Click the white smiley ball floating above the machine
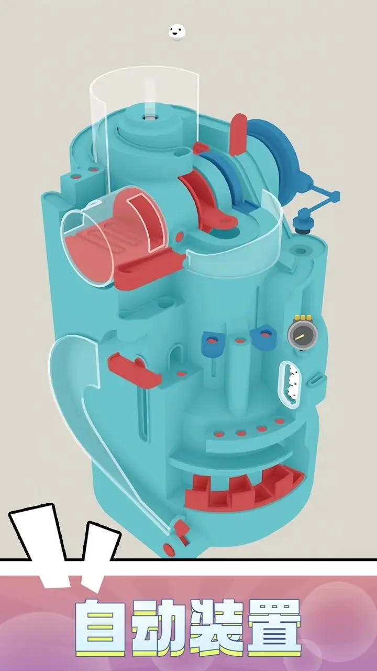177,32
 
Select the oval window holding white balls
290,385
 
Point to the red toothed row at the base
242,488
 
